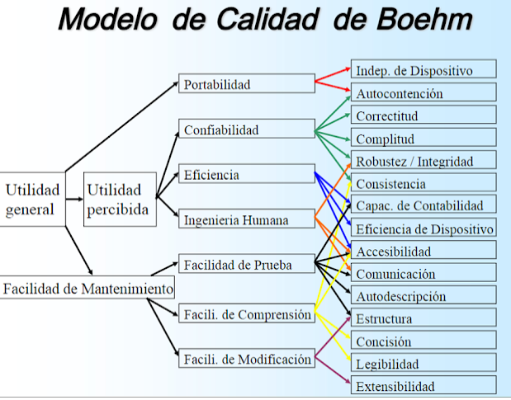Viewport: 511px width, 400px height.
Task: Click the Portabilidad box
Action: click(x=247, y=83)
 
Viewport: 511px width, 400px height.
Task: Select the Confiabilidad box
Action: click(x=247, y=129)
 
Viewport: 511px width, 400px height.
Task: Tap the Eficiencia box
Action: click(x=247, y=173)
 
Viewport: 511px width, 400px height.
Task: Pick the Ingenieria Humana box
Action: click(x=247, y=219)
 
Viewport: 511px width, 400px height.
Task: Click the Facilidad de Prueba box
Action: click(x=247, y=263)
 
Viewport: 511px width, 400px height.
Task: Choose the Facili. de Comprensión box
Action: click(x=247, y=313)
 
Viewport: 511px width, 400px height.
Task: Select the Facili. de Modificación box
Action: click(x=247, y=358)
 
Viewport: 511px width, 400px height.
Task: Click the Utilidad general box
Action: click(x=32, y=200)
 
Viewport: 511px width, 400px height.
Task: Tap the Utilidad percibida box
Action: click(x=120, y=200)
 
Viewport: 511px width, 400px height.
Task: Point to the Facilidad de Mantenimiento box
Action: click(x=88, y=287)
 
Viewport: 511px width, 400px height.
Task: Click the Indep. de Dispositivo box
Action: click(x=423, y=68)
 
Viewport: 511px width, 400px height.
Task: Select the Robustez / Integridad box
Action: click(x=423, y=159)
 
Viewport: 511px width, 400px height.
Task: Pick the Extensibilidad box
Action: click(x=423, y=384)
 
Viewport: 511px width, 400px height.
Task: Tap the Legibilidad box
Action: click(x=423, y=362)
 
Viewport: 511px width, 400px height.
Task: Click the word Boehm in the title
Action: click(x=424, y=19)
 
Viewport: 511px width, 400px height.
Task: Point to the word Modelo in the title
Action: click(x=108, y=19)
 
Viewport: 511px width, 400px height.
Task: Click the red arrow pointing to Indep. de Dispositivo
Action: click(x=333, y=74)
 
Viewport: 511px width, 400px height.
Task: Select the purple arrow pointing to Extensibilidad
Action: click(x=333, y=370)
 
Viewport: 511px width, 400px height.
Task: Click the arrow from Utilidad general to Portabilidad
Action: click(x=122, y=127)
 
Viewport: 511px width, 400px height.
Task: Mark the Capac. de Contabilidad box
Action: click(x=423, y=204)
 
